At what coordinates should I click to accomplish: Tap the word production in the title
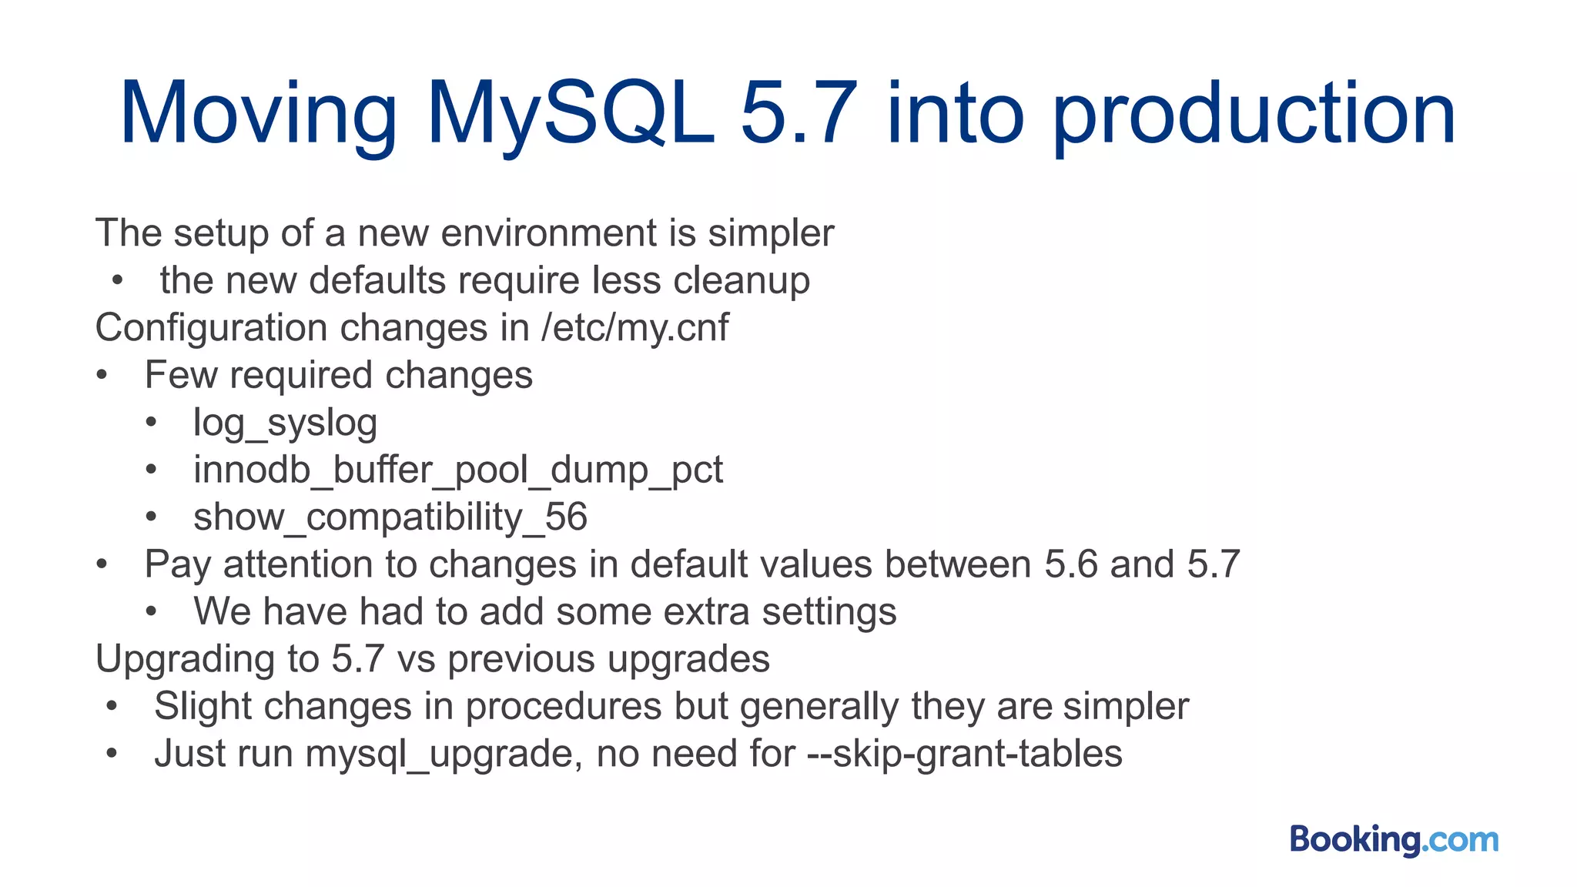click(1254, 115)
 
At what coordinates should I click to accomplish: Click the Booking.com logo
click(1394, 839)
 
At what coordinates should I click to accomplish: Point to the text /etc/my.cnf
click(634, 327)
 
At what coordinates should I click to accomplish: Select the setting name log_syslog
click(285, 423)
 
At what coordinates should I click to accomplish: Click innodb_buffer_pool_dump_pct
click(458, 470)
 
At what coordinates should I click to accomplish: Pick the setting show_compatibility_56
click(390, 517)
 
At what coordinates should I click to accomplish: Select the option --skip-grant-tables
click(965, 754)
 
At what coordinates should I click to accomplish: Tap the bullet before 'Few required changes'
click(102, 376)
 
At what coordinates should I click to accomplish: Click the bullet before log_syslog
click(151, 423)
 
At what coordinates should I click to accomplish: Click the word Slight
click(203, 707)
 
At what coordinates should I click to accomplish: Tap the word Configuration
click(211, 328)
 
